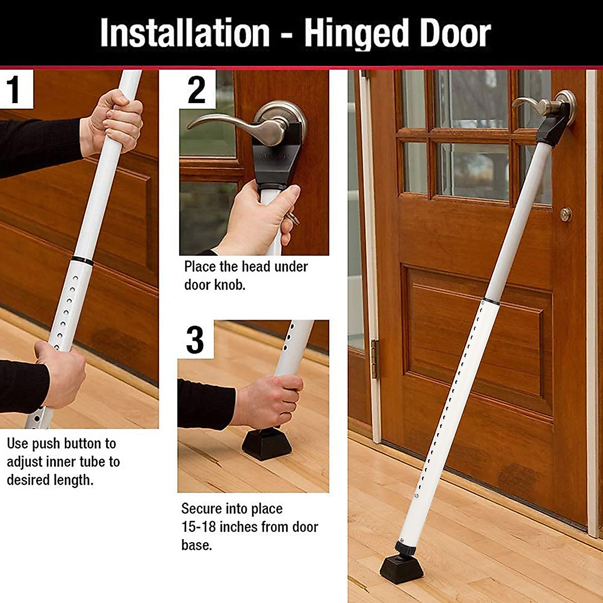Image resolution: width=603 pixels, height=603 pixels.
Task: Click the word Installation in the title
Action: (x=185, y=33)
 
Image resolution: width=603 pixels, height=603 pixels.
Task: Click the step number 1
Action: (x=14, y=89)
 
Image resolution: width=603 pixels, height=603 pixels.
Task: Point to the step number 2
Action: (x=196, y=89)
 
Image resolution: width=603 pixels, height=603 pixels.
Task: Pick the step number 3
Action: (x=195, y=340)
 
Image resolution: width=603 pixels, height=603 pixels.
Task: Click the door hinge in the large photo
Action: (x=374, y=359)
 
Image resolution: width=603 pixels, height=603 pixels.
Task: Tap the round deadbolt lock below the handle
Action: (x=566, y=214)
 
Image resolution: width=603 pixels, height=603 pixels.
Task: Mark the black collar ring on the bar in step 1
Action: (x=82, y=261)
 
